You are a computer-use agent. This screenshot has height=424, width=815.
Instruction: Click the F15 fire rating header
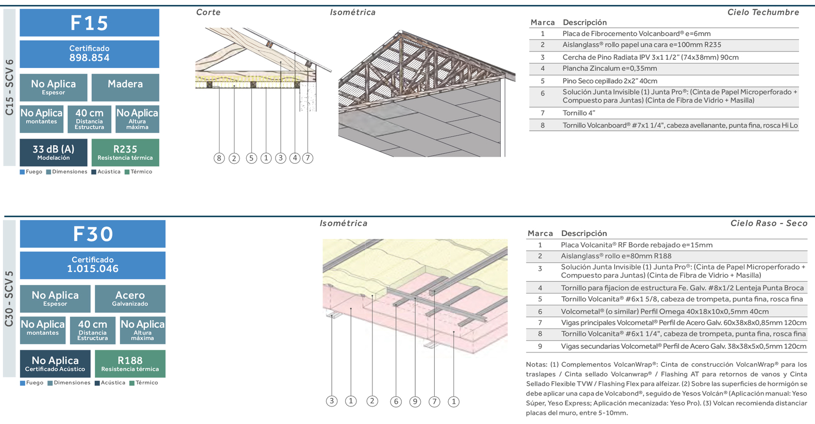click(x=89, y=23)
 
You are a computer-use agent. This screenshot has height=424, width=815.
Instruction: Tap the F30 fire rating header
click(x=93, y=234)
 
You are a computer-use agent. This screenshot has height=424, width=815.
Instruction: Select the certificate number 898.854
click(x=89, y=58)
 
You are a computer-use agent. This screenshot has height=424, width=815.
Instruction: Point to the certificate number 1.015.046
click(x=93, y=268)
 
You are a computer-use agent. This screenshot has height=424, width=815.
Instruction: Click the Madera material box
click(x=125, y=87)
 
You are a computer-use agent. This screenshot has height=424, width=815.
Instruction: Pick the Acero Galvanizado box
click(x=130, y=298)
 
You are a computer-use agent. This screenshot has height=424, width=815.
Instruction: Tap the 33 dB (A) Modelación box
click(x=53, y=152)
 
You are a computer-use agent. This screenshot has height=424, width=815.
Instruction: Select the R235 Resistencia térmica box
click(x=125, y=152)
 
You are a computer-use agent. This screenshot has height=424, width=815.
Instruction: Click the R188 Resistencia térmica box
click(x=130, y=364)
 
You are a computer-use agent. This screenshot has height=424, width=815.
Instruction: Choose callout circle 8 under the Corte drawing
click(x=219, y=158)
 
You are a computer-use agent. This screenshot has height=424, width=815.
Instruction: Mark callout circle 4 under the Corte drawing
click(x=295, y=158)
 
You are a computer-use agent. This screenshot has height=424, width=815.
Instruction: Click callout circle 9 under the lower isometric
click(x=415, y=401)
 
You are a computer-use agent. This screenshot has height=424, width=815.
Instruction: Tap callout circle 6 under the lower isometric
click(x=396, y=401)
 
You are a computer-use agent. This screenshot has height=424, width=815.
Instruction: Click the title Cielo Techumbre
click(x=763, y=12)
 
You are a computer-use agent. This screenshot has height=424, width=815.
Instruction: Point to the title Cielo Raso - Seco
click(x=769, y=223)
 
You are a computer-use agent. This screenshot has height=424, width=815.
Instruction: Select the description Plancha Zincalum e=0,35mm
click(x=609, y=69)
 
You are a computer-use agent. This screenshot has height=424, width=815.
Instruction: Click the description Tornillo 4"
click(x=579, y=113)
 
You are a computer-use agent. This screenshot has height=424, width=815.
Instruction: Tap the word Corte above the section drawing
click(x=208, y=12)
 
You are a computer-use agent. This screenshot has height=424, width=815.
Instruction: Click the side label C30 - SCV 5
click(x=9, y=299)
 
